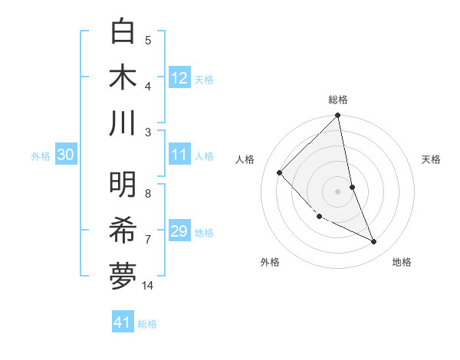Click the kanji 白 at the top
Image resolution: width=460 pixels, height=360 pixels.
[x=123, y=31]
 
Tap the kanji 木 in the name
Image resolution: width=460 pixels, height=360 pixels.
[x=123, y=77]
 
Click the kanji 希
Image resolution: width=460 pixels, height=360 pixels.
[x=123, y=231]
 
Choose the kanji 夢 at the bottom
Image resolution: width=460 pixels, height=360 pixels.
[x=123, y=276]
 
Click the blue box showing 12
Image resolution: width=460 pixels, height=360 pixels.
[x=179, y=77]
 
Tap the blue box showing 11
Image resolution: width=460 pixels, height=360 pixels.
[x=179, y=155]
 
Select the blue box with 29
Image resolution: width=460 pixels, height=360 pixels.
[x=179, y=231]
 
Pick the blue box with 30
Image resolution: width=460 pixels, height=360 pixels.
[x=65, y=155]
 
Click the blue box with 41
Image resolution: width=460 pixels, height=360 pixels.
[x=123, y=322]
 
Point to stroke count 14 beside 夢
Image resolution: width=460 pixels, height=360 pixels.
[x=148, y=286]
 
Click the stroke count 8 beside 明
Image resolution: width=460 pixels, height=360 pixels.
[x=148, y=194]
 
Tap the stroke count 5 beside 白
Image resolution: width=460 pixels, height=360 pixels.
[x=148, y=41]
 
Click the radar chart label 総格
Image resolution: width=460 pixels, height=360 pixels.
[x=338, y=100]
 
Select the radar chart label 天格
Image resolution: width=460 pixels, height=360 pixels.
[x=432, y=159]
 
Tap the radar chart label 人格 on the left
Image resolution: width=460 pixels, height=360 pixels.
[x=245, y=159]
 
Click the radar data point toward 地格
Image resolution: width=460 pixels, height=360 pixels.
[x=374, y=242]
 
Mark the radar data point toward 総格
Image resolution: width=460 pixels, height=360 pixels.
[x=338, y=116]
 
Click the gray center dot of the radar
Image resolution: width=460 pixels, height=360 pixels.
[x=338, y=191]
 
